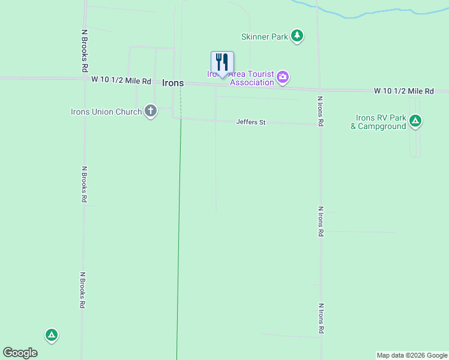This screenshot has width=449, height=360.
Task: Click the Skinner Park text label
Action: pos(265,37)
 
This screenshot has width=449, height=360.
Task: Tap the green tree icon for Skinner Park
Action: pos(297,36)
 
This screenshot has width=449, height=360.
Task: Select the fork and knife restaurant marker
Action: pos(222,62)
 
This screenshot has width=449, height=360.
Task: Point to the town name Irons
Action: pos(173,83)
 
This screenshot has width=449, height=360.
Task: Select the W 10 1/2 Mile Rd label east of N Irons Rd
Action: pos(403,91)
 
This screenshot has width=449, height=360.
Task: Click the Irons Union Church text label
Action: pos(106,112)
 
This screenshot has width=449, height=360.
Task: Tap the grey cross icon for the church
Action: pos(150,111)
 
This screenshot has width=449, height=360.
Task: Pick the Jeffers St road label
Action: pos(251,122)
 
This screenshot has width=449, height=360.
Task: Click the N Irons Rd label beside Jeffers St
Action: pos(321,111)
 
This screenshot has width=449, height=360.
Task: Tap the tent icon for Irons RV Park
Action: pos(415,122)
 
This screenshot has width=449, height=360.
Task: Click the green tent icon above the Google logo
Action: pos(52,335)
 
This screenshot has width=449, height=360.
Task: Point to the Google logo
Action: pos(20,353)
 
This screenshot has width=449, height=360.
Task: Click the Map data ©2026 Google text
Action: pos(412,355)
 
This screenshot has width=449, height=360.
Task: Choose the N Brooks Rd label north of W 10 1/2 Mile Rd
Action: pos(85,52)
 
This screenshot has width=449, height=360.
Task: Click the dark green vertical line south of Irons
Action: pos(179,240)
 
